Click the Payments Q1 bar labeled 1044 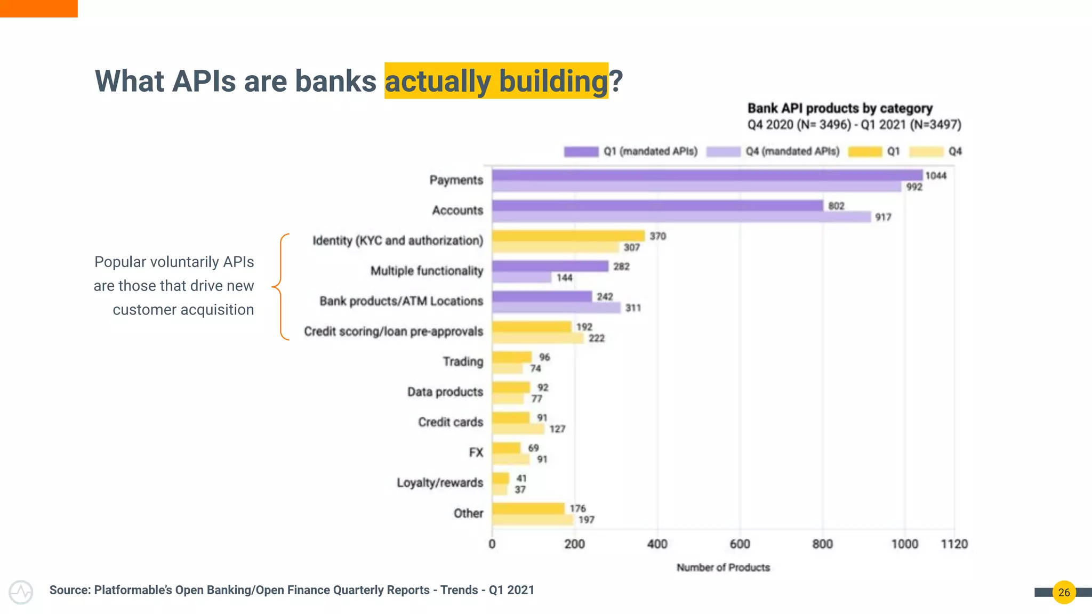coord(707,175)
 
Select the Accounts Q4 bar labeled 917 coord(681,217)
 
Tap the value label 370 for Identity coord(657,236)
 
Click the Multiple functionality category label coord(427,271)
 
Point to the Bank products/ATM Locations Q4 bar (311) coord(556,308)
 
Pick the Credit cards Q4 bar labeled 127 coord(518,429)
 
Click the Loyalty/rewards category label coord(439,483)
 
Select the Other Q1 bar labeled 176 coord(528,508)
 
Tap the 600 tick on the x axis coord(740,544)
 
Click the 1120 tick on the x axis coord(954,544)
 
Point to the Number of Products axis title coord(723,568)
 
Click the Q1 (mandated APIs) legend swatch coord(581,152)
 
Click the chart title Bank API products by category coord(840,108)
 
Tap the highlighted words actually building coord(496,81)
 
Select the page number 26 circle coord(1064,592)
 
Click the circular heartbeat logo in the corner coord(21,592)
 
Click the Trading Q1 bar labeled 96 coord(512,357)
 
